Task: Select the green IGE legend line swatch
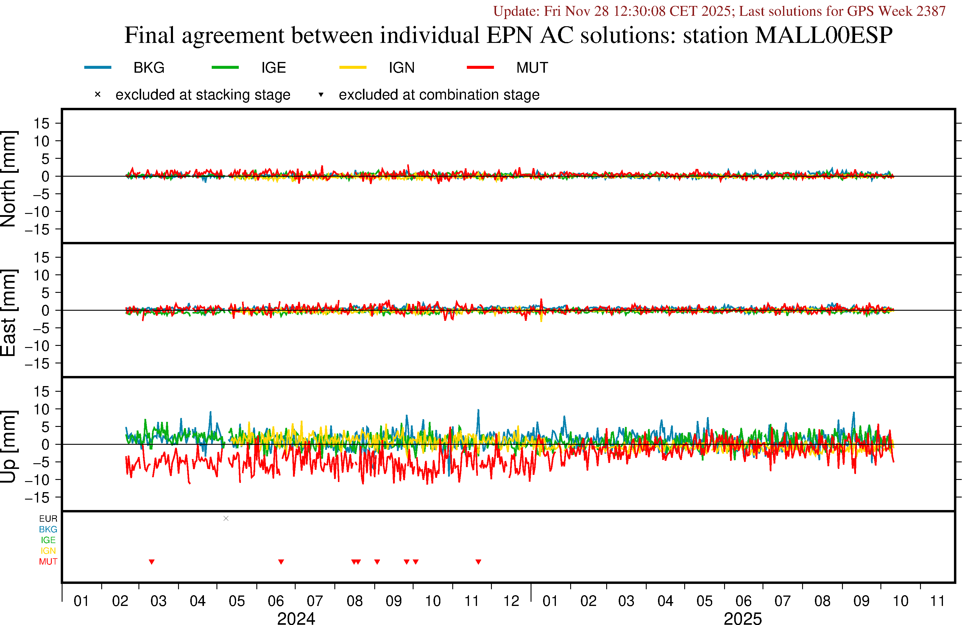click(225, 67)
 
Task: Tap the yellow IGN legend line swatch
click(353, 67)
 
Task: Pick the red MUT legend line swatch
click(480, 67)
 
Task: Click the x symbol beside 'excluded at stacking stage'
click(97, 95)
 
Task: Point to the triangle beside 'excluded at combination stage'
click(321, 95)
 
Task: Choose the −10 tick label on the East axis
click(37, 346)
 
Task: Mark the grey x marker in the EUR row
click(226, 518)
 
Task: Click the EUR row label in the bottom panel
click(48, 519)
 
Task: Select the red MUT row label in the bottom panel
click(48, 562)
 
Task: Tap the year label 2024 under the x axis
click(296, 618)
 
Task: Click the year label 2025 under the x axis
click(743, 618)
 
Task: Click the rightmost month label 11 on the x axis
click(937, 601)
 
